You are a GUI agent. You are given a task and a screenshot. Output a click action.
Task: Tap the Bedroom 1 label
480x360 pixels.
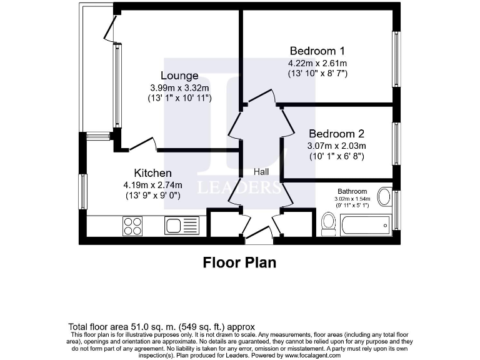(317, 51)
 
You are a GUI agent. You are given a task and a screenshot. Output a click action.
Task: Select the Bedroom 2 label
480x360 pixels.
(336, 134)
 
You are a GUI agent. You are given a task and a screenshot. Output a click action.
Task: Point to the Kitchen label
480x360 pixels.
(152, 172)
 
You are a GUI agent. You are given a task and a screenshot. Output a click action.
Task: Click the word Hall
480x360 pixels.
(261, 171)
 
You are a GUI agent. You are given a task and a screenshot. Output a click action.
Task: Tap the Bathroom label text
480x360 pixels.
(352, 191)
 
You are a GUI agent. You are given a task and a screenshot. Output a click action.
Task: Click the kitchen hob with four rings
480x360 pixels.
(132, 225)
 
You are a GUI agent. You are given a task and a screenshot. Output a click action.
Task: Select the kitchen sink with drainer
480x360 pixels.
(181, 225)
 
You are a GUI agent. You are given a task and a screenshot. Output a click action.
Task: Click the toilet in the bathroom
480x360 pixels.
(328, 223)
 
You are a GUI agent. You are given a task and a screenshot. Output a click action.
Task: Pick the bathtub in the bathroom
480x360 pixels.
(365, 224)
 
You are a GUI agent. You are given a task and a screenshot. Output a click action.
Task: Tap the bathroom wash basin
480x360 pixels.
(385, 197)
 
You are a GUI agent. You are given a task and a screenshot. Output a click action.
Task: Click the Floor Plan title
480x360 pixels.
(239, 262)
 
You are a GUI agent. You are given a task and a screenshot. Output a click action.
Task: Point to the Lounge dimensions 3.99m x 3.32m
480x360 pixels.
(180, 87)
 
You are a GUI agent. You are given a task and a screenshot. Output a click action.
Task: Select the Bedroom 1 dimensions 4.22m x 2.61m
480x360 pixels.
(317, 63)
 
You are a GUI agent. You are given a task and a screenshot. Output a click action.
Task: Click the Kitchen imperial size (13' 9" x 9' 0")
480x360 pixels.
(152, 196)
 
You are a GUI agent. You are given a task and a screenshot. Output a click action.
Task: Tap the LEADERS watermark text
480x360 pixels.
(239, 187)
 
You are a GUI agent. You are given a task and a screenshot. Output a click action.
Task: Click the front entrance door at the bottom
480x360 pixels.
(258, 235)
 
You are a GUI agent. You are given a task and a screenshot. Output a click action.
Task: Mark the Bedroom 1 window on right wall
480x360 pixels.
(396, 59)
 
